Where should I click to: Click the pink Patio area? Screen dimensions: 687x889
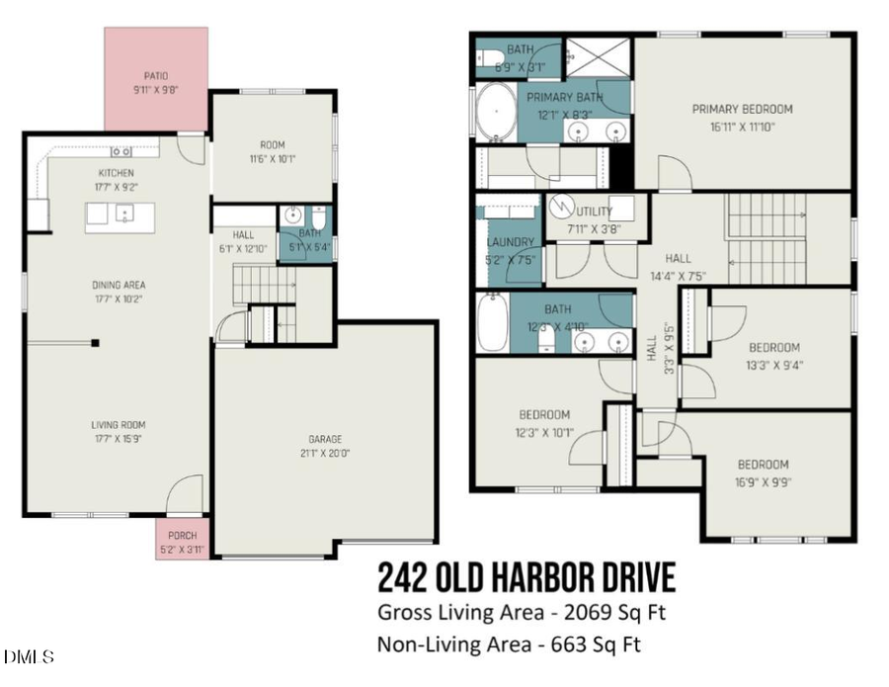[x=156, y=79]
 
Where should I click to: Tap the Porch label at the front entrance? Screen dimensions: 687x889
[x=182, y=536]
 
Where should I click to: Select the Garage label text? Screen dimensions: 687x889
[x=324, y=439]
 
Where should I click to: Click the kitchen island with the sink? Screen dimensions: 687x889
[x=120, y=215]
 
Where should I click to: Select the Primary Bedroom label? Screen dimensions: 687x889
[x=742, y=109]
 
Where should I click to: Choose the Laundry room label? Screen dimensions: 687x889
[x=510, y=242]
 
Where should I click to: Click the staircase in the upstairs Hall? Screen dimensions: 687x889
[x=766, y=237]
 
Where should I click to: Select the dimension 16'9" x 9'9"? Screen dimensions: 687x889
[x=762, y=482]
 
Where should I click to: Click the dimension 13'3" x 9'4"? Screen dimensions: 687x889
[x=773, y=365]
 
